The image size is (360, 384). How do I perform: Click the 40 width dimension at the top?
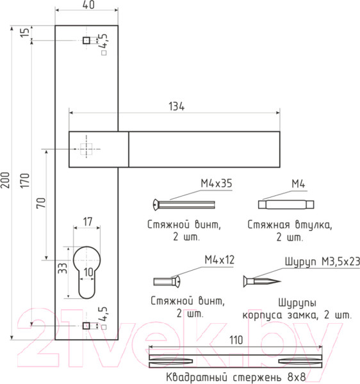(x=88, y=5)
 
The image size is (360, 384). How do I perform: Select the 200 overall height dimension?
(x=5, y=180)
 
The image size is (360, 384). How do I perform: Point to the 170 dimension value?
(x=25, y=180)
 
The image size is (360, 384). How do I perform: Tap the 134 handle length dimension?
(x=176, y=106)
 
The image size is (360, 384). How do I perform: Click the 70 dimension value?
(x=41, y=203)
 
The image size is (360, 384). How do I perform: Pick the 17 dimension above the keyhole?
(x=88, y=222)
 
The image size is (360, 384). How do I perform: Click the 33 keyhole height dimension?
(x=62, y=268)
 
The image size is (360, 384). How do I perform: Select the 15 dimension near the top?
(x=25, y=32)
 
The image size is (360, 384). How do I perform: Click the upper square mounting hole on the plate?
(x=86, y=40)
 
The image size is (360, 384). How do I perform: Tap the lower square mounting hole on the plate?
(x=86, y=326)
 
